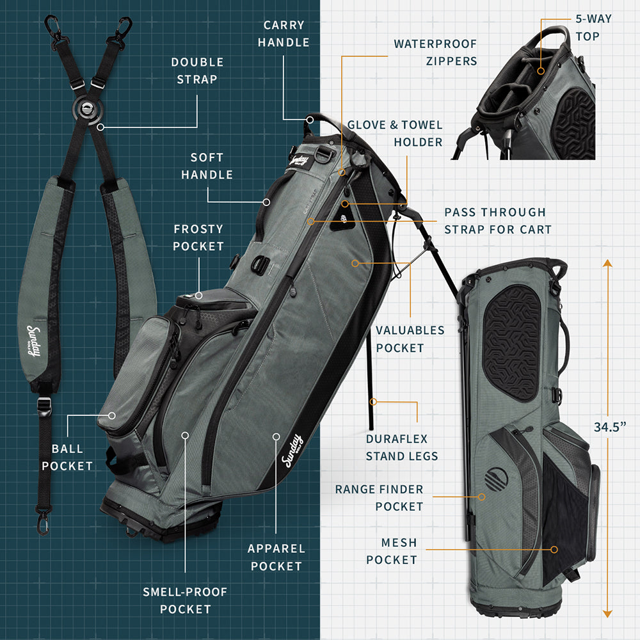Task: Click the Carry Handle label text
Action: pyautogui.click(x=284, y=33)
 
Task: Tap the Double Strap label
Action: pyautogui.click(x=198, y=70)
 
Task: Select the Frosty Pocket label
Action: pyautogui.click(x=198, y=237)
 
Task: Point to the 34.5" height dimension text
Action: pyautogui.click(x=610, y=427)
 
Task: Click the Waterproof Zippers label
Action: pyautogui.click(x=435, y=52)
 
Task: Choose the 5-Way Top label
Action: pyautogui.click(x=593, y=28)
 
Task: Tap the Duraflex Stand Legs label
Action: pyautogui.click(x=402, y=447)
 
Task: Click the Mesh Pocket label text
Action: pyautogui.click(x=392, y=551)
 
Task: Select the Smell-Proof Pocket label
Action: pyautogui.click(x=185, y=600)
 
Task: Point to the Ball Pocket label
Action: pyautogui.click(x=67, y=457)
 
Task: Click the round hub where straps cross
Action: pyautogui.click(x=87, y=109)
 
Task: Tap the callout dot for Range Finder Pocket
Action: pyautogui.click(x=482, y=497)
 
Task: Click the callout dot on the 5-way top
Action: pyautogui.click(x=541, y=71)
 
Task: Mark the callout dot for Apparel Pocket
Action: pyautogui.click(x=276, y=436)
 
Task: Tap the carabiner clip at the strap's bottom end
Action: pyautogui.click(x=43, y=522)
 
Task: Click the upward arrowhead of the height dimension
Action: pyautogui.click(x=607, y=263)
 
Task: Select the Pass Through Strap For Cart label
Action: pyautogui.click(x=498, y=221)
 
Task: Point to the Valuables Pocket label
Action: pyautogui.click(x=410, y=339)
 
